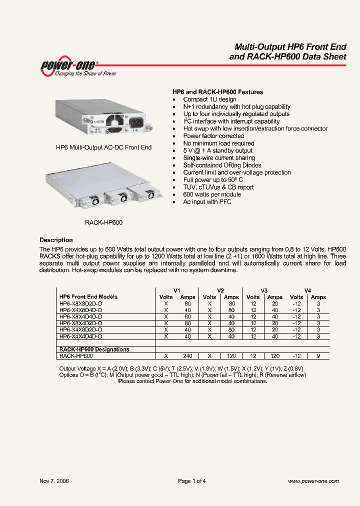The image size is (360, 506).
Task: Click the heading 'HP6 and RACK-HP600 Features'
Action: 217,92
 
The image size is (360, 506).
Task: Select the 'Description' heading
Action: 56,240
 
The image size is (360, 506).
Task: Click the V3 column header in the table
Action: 264,290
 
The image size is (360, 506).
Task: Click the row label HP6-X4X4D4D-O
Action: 80,336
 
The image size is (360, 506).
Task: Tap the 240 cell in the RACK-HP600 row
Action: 188,356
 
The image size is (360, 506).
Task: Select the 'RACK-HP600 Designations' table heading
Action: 94,349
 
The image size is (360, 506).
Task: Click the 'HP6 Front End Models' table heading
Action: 88,296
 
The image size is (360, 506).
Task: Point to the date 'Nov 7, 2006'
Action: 54,481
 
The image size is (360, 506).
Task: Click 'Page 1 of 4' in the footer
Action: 192,481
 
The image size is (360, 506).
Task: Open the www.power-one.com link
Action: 313,481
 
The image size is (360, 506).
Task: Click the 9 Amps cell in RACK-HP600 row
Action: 318,356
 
